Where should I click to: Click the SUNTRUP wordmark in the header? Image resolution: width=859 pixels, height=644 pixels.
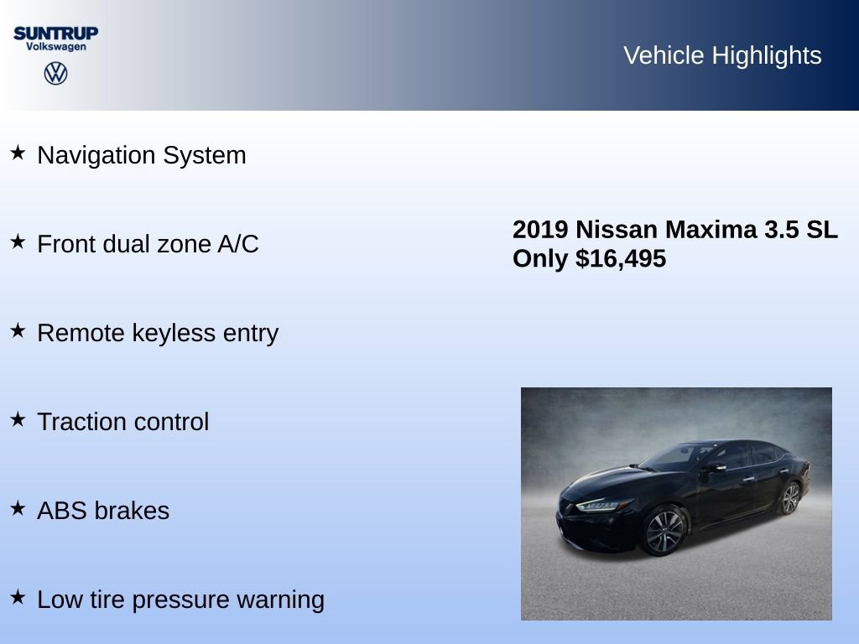55,33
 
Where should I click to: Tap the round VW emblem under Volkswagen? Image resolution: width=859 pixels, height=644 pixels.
55,74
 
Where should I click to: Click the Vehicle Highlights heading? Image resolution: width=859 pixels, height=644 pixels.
722,55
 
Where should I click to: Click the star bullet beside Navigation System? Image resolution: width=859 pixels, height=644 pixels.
18,153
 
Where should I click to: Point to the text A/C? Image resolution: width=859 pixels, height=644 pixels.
238,244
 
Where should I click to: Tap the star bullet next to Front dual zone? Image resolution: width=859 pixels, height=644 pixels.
18,242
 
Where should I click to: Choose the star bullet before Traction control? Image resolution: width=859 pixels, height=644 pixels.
18,420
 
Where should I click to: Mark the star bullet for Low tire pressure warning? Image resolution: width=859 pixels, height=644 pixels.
18,598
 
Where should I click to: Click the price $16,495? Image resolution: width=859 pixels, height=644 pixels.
621,259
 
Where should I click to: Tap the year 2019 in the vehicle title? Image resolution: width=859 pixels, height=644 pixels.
541,230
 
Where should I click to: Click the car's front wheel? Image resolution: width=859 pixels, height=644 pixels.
664,532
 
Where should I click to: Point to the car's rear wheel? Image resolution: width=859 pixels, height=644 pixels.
789,498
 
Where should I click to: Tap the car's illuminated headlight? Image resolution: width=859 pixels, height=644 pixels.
603,505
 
